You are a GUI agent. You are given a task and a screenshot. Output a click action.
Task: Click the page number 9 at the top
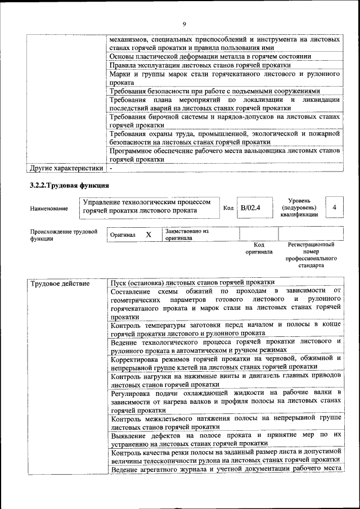184,24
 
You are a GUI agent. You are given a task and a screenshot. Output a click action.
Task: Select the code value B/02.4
250,208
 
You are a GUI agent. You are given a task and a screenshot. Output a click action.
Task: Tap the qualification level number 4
334,208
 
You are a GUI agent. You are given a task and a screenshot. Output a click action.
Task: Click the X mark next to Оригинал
148,235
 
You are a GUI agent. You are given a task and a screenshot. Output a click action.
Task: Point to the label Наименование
49,209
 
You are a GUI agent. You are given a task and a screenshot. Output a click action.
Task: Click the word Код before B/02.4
228,208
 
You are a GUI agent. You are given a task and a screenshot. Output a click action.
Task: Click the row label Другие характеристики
66,168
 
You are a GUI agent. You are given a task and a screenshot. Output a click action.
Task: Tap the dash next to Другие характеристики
112,168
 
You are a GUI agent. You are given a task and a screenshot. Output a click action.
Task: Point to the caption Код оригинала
258,248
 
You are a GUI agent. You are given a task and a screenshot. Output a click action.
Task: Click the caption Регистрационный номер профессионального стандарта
311,255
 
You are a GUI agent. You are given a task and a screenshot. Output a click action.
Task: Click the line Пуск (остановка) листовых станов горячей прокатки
192,282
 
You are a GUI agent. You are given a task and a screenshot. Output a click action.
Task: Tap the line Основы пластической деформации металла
210,57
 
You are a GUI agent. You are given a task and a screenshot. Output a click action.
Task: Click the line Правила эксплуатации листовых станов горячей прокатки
196,65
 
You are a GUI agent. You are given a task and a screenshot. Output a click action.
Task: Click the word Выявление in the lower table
130,435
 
